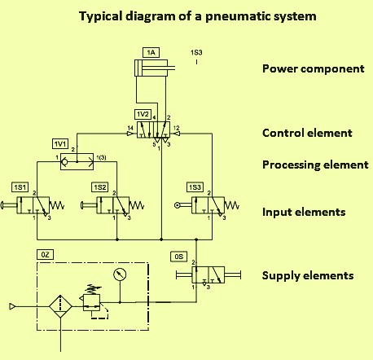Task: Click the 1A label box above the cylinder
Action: coord(151,52)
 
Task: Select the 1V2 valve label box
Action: coord(143,114)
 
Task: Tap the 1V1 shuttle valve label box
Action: coord(60,144)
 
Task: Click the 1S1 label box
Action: coord(20,187)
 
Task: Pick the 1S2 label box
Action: coord(99,187)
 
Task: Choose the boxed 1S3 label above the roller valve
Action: coord(195,187)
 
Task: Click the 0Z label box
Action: coord(45,255)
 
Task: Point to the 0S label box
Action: coord(179,257)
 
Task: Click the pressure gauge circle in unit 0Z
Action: coord(120,274)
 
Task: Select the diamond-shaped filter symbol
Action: coord(60,306)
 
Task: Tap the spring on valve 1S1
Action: coord(57,205)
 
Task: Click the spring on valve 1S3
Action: coord(232,205)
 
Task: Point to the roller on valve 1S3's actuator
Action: coord(178,205)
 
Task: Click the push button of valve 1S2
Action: coord(81,205)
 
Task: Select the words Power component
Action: coord(314,68)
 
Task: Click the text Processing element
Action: coord(315,165)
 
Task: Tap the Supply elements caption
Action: coord(308,275)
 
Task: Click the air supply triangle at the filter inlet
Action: coord(12,306)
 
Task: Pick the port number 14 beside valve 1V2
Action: coord(130,128)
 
